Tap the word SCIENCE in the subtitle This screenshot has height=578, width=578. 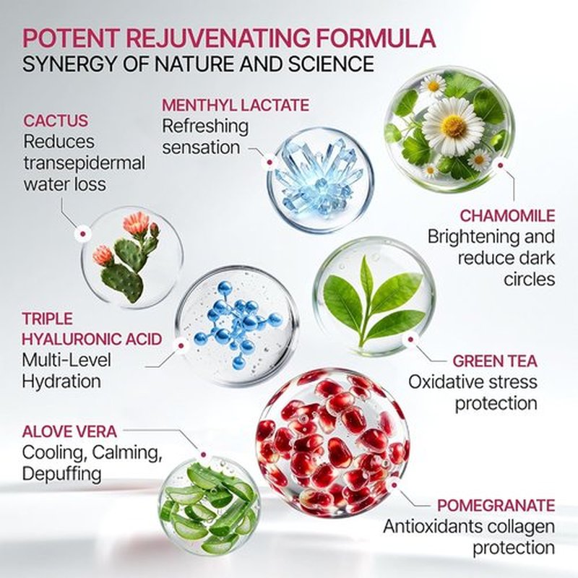pyautogui.click(x=331, y=64)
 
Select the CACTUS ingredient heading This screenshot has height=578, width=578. pyautogui.click(x=56, y=121)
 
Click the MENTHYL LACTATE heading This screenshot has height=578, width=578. pyautogui.click(x=236, y=105)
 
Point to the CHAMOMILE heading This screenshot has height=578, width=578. pyautogui.click(x=508, y=216)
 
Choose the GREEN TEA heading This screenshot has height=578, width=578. pyautogui.click(x=495, y=361)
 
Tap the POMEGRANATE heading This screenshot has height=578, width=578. pyautogui.click(x=496, y=506)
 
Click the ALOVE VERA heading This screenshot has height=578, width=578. pyautogui.click(x=69, y=431)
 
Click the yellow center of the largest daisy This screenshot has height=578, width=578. pyautogui.click(x=454, y=125)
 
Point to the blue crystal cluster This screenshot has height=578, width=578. pyautogui.click(x=319, y=178)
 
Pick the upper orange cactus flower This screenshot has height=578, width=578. pyautogui.click(x=137, y=223)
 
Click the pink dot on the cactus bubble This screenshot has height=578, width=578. pyautogui.click(x=83, y=233)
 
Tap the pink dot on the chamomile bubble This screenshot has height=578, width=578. pyautogui.click(x=500, y=165)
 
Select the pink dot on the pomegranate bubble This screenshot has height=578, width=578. pyautogui.click(x=394, y=486)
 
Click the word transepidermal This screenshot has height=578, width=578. pyautogui.click(x=85, y=163)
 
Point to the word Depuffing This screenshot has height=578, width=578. pyautogui.click(x=61, y=474)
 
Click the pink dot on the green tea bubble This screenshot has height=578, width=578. pyautogui.click(x=411, y=340)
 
